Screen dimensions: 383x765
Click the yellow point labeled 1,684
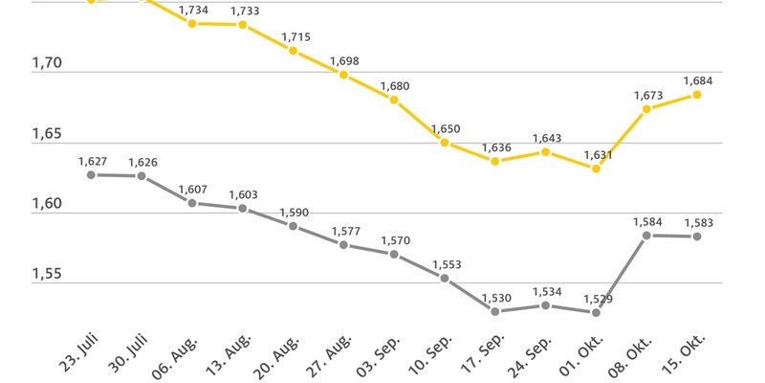click(697, 95)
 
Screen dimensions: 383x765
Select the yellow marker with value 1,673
click(646, 109)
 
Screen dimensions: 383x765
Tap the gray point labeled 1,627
click(91, 175)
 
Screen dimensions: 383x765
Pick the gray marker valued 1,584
click(646, 236)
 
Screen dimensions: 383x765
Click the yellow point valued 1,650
click(445, 143)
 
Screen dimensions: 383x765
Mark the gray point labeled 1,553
click(445, 278)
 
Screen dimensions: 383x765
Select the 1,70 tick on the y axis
click(47, 64)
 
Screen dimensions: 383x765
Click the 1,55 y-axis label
click(47, 275)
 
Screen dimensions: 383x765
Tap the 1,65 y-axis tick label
click(47, 135)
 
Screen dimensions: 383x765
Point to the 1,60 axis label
click(47, 205)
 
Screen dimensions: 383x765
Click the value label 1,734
click(193, 9)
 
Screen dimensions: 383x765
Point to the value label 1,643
click(546, 138)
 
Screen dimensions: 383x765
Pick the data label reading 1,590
click(294, 212)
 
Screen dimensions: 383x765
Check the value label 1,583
click(697, 223)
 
